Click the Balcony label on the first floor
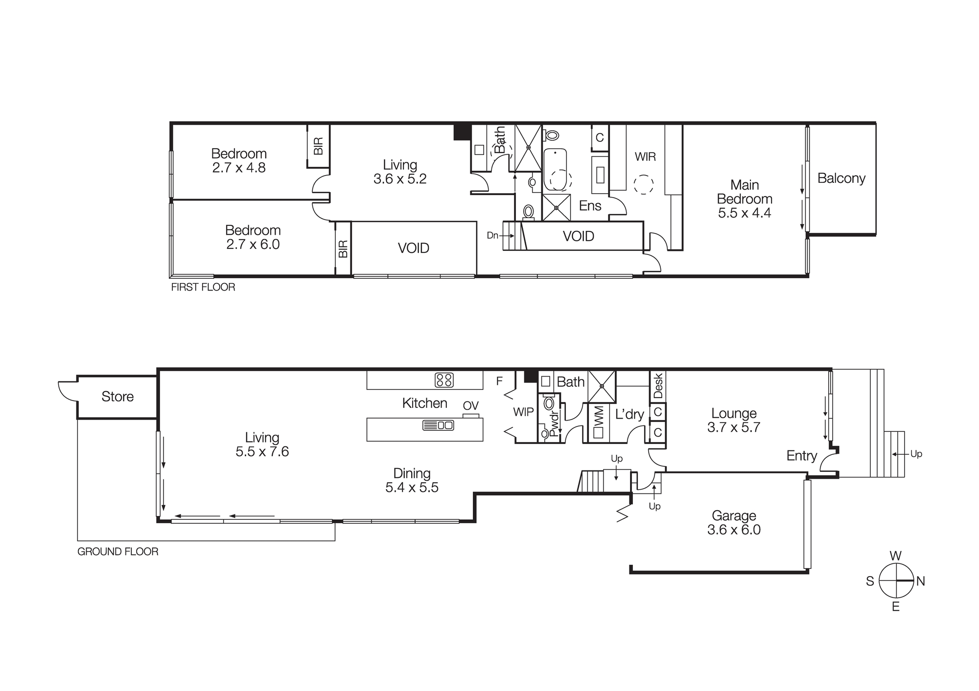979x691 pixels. click(841, 178)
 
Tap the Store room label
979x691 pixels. click(117, 397)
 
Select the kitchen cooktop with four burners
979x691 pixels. click(444, 380)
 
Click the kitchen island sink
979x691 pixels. click(438, 425)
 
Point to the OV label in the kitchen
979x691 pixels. click(470, 406)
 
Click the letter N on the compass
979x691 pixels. click(920, 581)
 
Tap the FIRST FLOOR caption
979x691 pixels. click(203, 287)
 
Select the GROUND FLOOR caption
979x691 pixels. click(118, 552)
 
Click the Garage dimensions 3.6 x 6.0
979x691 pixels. click(734, 530)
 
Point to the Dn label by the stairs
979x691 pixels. click(492, 236)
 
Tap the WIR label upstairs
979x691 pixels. click(645, 157)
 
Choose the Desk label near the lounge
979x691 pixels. click(658, 386)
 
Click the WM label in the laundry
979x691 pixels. click(599, 417)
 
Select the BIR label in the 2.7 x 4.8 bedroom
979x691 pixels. click(318, 146)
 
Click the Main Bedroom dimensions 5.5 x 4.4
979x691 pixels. click(744, 213)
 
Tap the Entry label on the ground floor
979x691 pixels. click(801, 456)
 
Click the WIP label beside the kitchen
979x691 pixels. click(523, 412)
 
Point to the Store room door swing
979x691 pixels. click(66, 390)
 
